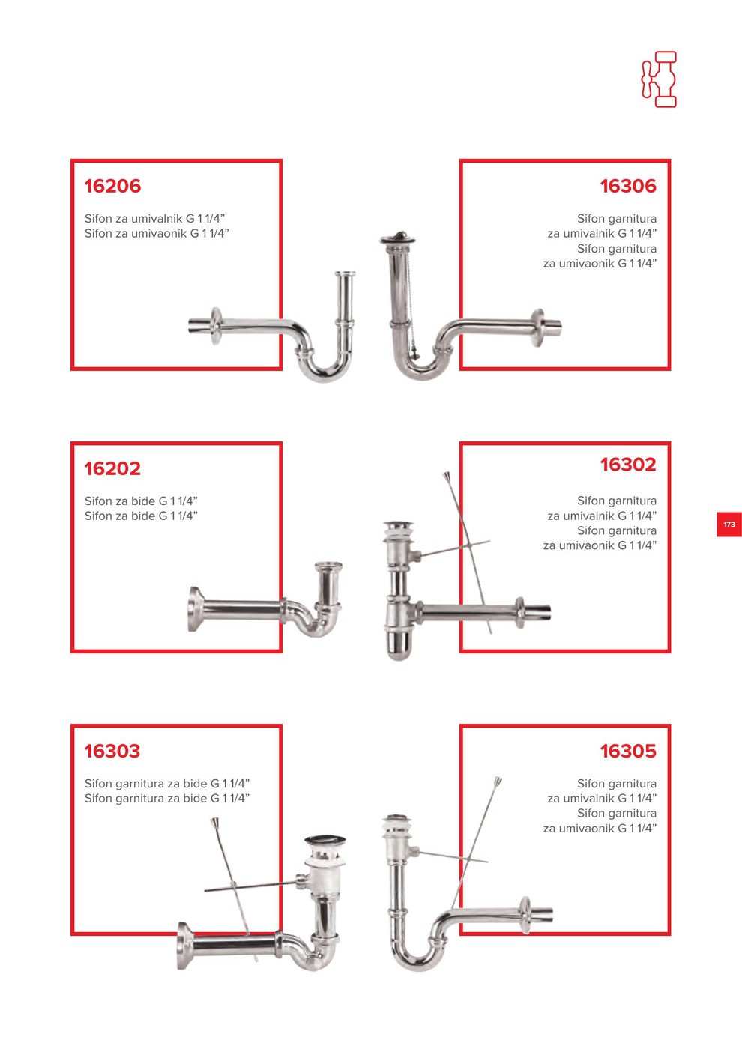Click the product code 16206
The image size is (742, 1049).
(112, 186)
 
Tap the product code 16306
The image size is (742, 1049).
(628, 186)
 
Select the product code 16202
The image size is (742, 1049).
(112, 468)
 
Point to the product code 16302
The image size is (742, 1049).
(628, 465)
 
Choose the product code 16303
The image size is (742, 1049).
(112, 751)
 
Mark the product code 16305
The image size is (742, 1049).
(628, 751)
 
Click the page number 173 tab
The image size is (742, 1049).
(729, 524)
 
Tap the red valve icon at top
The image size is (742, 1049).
(659, 79)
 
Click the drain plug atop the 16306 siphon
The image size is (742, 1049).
(397, 238)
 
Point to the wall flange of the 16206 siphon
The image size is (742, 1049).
(216, 326)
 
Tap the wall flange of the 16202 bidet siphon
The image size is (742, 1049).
(196, 608)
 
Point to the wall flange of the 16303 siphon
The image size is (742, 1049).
(185, 946)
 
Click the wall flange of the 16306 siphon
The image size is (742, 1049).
(537, 327)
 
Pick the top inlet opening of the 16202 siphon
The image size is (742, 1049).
(328, 566)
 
